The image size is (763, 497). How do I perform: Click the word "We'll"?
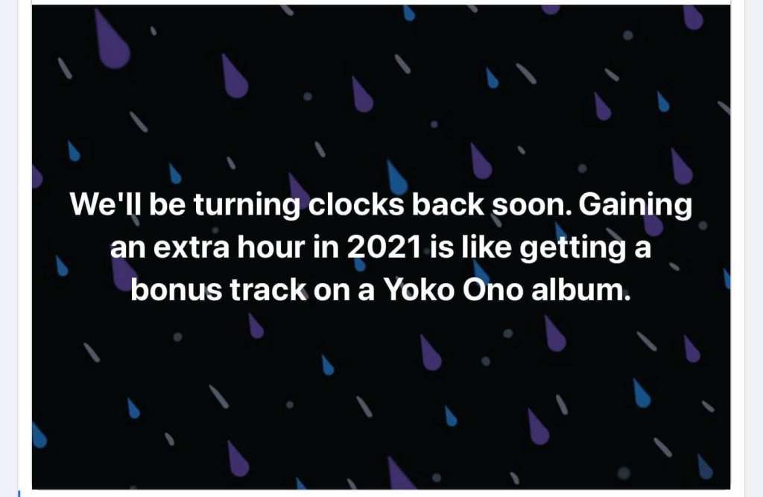point(106,204)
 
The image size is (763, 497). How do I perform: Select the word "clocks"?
point(355,204)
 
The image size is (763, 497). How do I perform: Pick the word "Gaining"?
point(635,206)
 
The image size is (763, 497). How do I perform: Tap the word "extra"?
point(191,248)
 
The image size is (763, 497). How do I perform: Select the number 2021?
point(384,247)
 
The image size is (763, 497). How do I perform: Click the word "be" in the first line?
point(167,204)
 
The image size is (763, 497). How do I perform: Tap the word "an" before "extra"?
point(128,249)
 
